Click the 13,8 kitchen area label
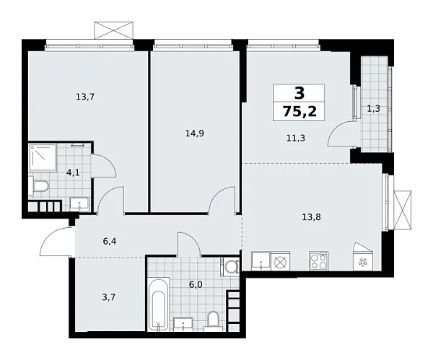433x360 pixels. tap(310, 214)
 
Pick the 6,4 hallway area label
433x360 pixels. tap(110, 242)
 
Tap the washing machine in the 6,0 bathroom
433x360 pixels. tap(231, 267)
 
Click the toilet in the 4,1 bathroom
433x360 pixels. tap(40, 188)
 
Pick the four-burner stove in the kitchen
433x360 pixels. tap(318, 260)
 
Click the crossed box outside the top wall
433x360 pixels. tap(114, 31)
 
